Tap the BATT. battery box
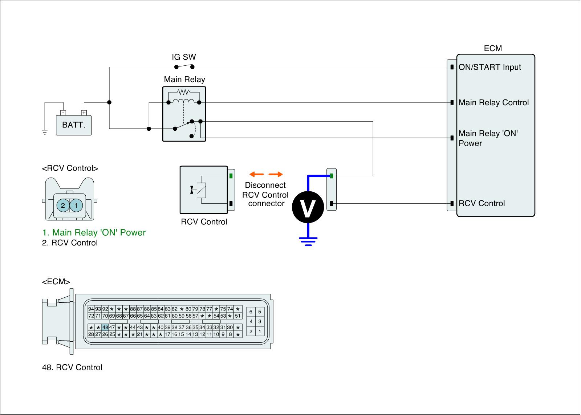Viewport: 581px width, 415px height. [74, 125]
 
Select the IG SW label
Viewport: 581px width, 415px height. [184, 57]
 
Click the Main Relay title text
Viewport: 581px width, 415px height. [184, 80]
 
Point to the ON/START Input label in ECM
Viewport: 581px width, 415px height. [489, 67]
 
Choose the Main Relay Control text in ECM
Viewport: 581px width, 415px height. [493, 103]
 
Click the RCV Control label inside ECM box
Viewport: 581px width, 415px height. [482, 203]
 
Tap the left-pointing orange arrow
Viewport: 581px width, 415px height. [256, 174]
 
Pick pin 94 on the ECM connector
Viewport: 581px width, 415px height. [91, 309]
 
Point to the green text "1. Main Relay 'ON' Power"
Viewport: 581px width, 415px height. [94, 233]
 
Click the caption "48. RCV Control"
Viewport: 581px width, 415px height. [72, 367]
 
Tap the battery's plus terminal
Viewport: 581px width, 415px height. [84, 113]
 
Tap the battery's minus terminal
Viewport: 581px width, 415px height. [63, 113]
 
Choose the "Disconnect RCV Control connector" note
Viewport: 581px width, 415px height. [265, 195]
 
